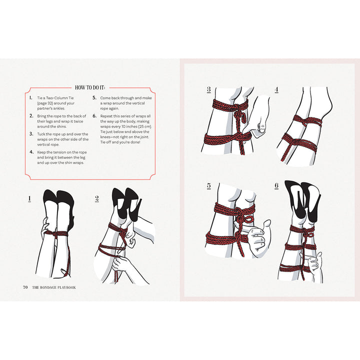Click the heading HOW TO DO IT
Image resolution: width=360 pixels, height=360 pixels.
tap(90, 86)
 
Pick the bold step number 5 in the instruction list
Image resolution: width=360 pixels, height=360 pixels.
tap(94, 98)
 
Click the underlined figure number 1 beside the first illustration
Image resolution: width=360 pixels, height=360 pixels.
tap(29, 198)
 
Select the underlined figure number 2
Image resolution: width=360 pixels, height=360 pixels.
tap(97, 198)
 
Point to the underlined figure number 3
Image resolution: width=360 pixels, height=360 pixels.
tap(208, 90)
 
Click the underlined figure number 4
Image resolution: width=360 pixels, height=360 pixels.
tap(276, 90)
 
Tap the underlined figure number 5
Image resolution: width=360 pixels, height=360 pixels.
tap(208, 186)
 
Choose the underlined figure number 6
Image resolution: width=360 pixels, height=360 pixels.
tap(276, 186)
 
